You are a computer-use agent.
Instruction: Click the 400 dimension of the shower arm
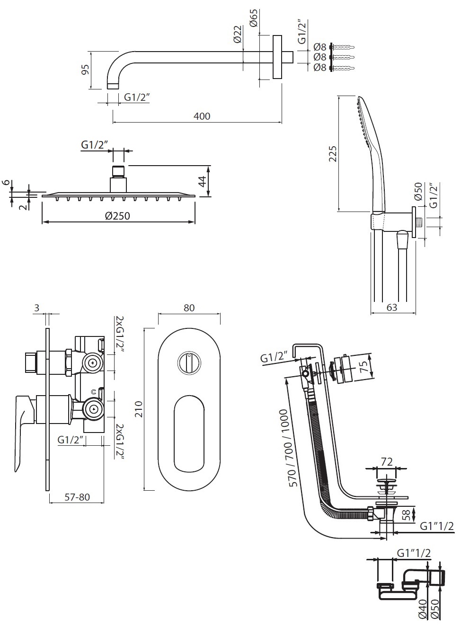[x=202, y=116]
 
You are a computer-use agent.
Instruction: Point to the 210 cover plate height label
[x=138, y=409]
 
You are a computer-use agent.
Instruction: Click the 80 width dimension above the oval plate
[x=189, y=308]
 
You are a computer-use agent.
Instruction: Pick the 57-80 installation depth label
[x=77, y=497]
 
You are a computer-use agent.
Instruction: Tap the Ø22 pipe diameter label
[x=238, y=34]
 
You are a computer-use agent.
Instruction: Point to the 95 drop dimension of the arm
[x=85, y=70]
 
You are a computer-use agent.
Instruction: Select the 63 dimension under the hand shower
[x=392, y=308]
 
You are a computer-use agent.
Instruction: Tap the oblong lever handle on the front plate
[x=189, y=434]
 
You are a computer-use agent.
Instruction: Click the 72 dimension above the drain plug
[x=387, y=462]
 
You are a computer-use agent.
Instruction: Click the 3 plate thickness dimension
[x=37, y=308]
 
